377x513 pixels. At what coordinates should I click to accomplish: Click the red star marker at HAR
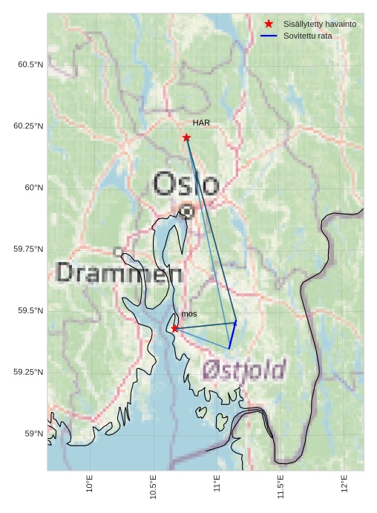[x=186, y=137]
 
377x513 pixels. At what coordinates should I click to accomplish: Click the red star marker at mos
[x=174, y=328]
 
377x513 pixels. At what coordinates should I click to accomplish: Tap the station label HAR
[x=202, y=122]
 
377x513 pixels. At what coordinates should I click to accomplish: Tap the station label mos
[x=189, y=314]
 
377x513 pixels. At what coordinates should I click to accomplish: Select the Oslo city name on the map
[x=186, y=183]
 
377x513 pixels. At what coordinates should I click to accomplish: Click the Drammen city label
[x=119, y=273]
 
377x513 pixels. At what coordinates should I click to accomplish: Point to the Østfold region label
[x=244, y=369]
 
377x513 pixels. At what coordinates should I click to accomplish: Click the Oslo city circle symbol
[x=187, y=212]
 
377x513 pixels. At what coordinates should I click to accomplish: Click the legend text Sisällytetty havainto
[x=319, y=24]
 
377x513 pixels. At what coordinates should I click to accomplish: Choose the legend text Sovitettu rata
[x=307, y=36]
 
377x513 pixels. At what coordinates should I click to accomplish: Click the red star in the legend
[x=269, y=24]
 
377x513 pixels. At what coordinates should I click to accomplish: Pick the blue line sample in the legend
[x=269, y=36]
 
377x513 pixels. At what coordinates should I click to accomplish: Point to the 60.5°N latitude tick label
[x=30, y=65]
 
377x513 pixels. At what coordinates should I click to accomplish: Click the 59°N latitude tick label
[x=33, y=434]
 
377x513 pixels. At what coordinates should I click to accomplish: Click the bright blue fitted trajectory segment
[x=232, y=335]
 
